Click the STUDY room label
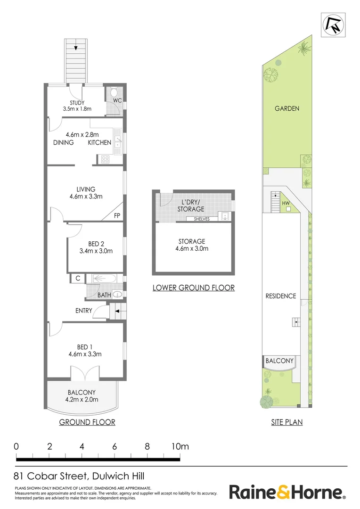pyautogui.click(x=76, y=103)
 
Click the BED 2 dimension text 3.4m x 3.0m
pyautogui.click(x=96, y=251)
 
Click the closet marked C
pyautogui.click(x=77, y=279)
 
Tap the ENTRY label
pyautogui.click(x=83, y=311)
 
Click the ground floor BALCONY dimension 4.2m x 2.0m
pyautogui.click(x=82, y=399)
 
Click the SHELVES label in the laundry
pyautogui.click(x=198, y=219)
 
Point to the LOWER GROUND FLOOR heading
pyautogui.click(x=193, y=287)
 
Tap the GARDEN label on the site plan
pyautogui.click(x=287, y=108)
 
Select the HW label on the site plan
pyautogui.click(x=285, y=204)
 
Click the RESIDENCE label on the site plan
pyautogui.click(x=281, y=296)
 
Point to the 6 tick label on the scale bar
pyautogui.click(x=115, y=446)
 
